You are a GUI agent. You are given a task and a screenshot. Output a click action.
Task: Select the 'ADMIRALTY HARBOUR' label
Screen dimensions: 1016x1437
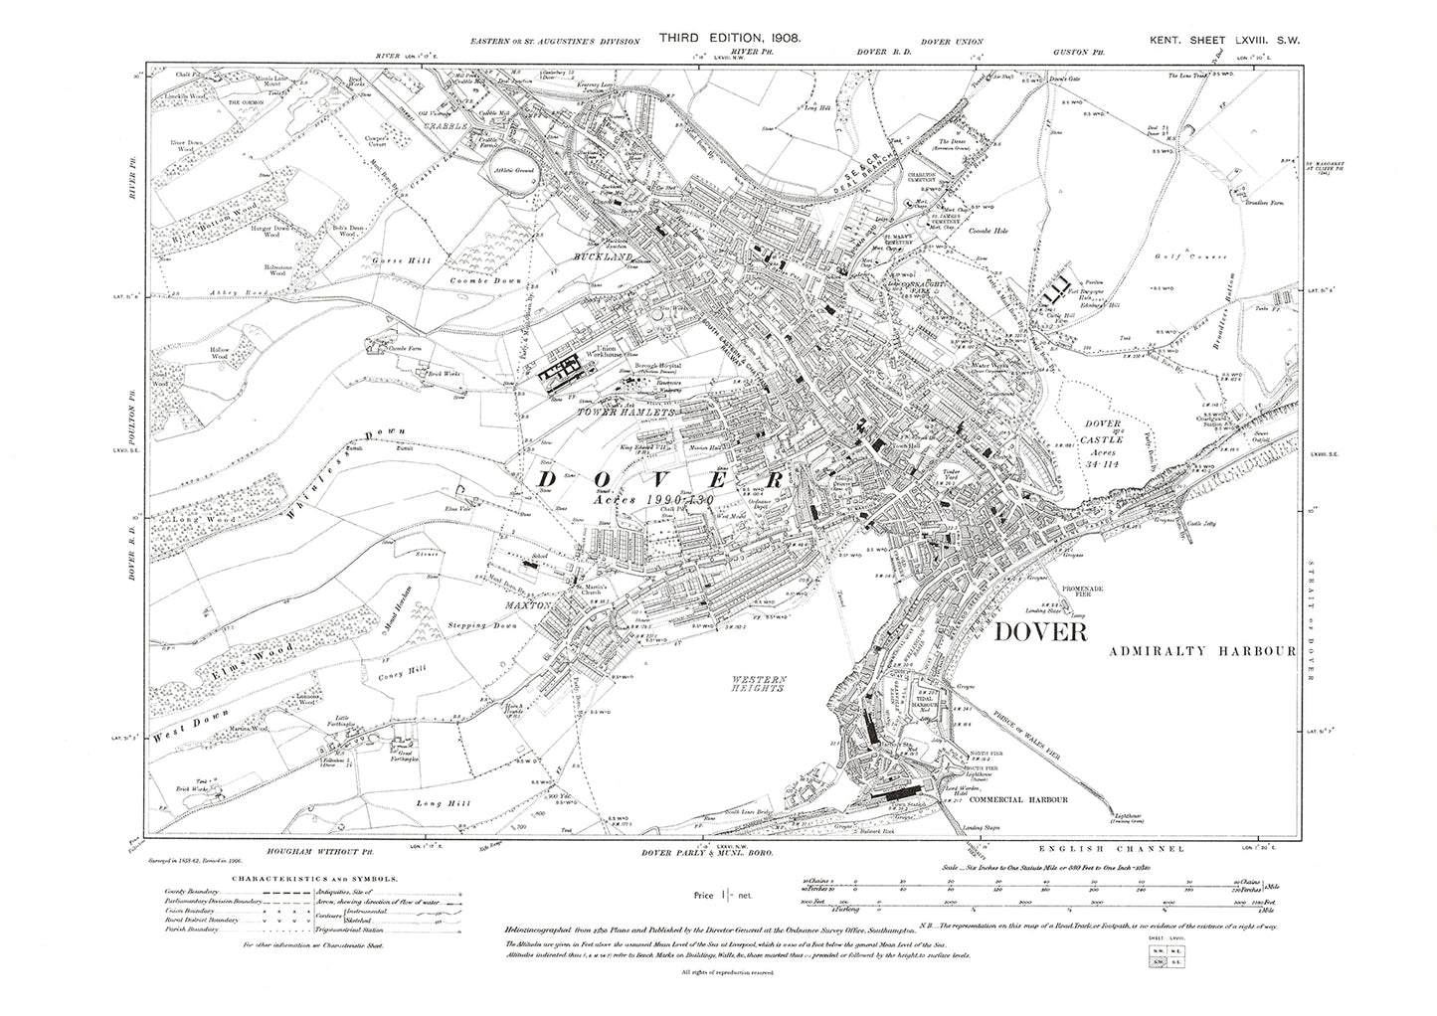[x=1200, y=652]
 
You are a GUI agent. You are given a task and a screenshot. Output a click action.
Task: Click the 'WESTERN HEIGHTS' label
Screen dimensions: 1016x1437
[x=763, y=684]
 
